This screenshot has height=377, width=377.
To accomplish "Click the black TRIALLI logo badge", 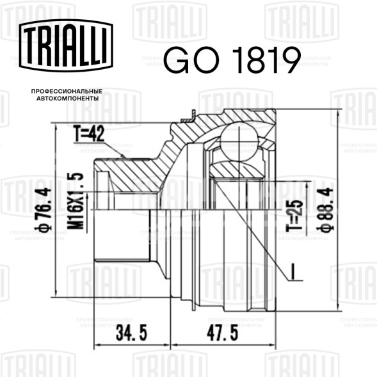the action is pos(66,45).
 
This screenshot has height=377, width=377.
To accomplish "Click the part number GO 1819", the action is pos(232,60).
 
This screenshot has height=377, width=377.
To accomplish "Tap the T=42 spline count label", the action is pos(89,133).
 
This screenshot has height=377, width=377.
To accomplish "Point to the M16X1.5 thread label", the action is pos(76,201).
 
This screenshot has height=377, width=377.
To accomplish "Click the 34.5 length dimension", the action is pos(131,333).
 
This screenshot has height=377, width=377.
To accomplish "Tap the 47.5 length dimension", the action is pos(223,333).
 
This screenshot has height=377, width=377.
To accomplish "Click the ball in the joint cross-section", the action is pos(239,142).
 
